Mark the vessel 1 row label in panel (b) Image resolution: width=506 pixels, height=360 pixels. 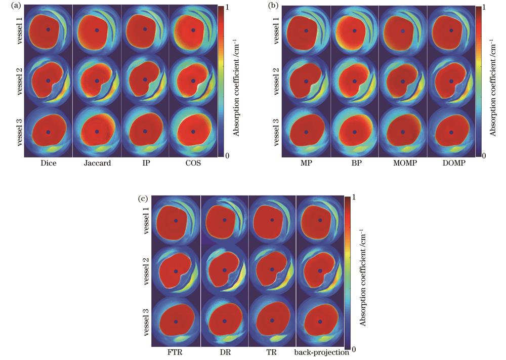pos(277,29)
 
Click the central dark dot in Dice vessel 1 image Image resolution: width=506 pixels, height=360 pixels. pos(48,29)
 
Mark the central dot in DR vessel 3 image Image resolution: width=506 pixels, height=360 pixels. pos(224,322)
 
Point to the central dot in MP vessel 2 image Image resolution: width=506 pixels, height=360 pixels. pos(306,81)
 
